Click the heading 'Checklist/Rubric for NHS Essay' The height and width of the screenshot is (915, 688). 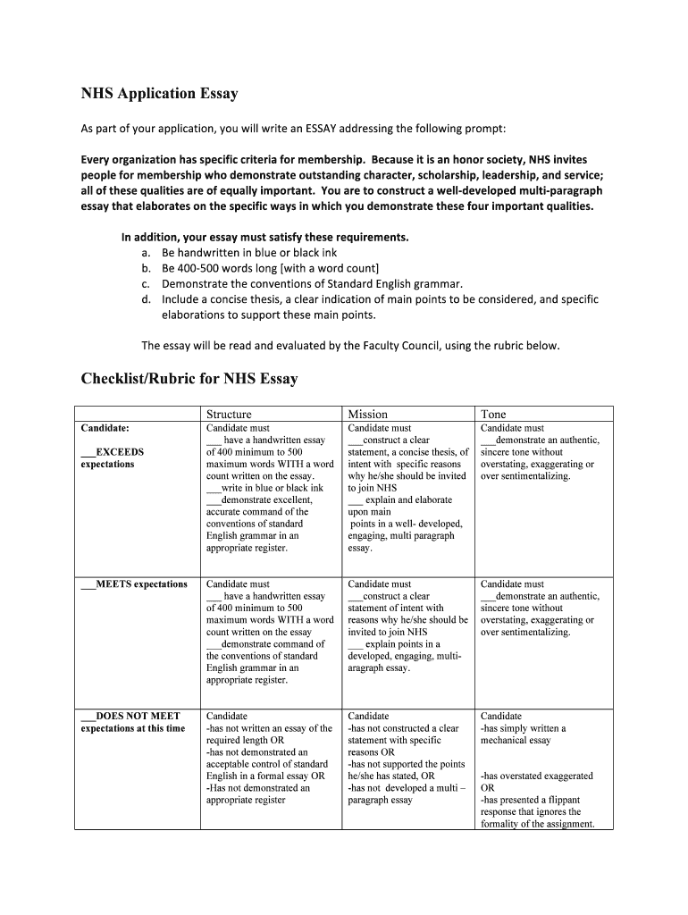pos(189,379)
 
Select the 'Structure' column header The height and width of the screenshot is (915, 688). pos(229,414)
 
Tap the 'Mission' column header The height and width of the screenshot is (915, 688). pos(367,414)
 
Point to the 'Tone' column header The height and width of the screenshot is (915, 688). pos(493,414)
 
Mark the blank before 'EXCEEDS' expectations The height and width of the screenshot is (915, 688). pos(88,452)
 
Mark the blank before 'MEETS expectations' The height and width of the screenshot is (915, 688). pos(88,584)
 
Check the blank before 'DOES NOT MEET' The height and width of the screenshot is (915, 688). pos(88,717)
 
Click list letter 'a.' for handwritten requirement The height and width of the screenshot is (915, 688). pos(147,253)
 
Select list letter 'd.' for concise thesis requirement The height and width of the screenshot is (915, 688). pos(147,299)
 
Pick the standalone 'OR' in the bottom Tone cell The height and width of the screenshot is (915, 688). pos(488,788)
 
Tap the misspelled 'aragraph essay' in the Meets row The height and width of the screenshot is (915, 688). pos(378,667)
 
